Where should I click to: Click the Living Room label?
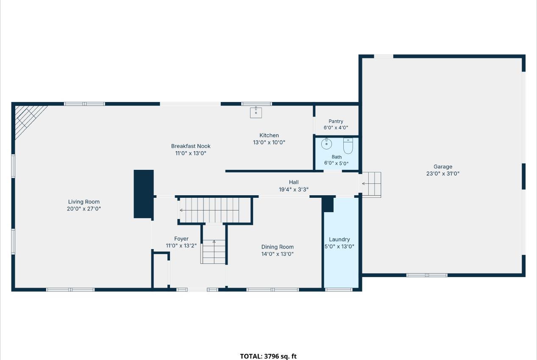83,202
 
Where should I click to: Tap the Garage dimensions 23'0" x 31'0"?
443,173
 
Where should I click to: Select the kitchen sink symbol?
256,112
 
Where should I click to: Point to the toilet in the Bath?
348,146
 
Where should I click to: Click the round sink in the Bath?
326,144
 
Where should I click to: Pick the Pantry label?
336,121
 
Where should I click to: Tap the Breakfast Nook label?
191,146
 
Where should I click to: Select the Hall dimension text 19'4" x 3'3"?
294,189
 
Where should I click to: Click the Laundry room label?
339,239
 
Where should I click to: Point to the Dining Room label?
277,247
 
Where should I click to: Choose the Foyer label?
181,239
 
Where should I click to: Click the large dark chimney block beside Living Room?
144,194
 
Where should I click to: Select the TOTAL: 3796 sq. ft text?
268,356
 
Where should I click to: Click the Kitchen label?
269,136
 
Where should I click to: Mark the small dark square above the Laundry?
328,204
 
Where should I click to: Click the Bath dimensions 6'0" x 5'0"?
337,163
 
